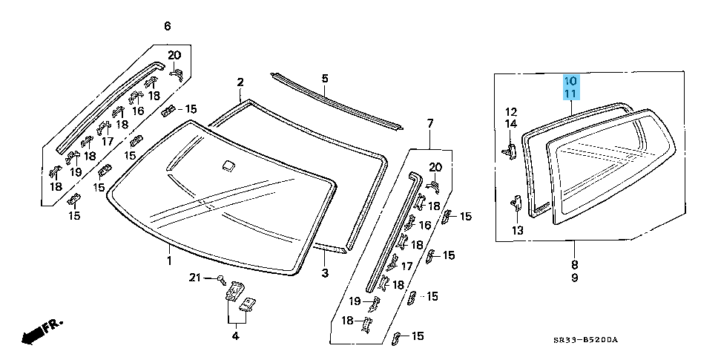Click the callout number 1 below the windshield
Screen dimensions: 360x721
168,261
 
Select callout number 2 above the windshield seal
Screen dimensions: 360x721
240,82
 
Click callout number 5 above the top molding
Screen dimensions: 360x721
324,78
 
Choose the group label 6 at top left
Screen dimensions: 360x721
167,27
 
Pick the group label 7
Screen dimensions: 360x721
429,122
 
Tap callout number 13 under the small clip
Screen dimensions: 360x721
517,231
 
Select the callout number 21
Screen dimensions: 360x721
194,278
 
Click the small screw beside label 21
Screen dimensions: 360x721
221,279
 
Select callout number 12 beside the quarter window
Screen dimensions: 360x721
511,111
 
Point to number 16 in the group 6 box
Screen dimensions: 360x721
137,111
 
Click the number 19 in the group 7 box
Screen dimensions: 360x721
355,301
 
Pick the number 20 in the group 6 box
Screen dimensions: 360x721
174,55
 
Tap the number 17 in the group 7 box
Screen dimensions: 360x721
406,266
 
